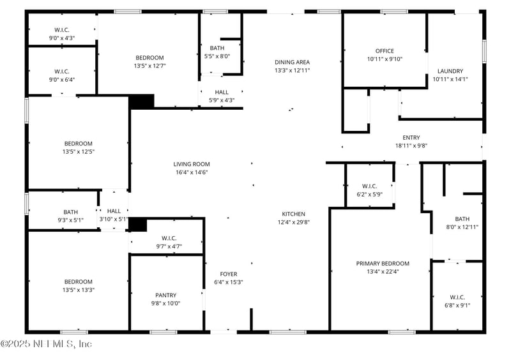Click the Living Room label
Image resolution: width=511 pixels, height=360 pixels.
click(191, 164)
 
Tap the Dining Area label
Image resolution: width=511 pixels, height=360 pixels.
click(292, 62)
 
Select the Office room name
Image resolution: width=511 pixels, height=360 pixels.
click(385, 51)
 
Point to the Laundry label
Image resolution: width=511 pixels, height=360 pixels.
click(450, 71)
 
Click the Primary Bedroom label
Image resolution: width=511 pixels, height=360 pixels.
click(383, 263)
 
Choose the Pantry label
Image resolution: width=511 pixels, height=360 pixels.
click(165, 295)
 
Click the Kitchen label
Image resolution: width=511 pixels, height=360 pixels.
click(293, 214)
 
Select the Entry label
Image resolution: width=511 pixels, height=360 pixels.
click(411, 137)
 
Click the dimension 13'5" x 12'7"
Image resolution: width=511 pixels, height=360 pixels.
click(149, 66)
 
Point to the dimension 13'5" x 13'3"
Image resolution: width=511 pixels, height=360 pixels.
click(78, 290)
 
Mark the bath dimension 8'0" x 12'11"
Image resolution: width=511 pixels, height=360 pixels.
click(462, 227)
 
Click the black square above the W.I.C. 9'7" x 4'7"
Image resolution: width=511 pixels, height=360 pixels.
click(138, 225)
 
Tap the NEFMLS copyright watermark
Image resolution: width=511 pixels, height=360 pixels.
click(46, 344)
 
